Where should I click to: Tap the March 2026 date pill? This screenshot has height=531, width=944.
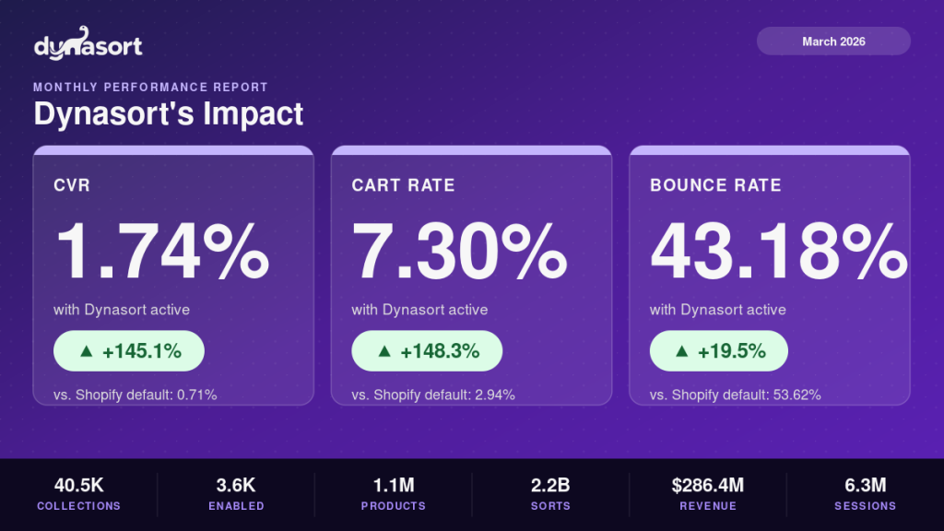tap(833, 41)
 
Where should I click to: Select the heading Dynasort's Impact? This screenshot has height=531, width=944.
tap(169, 114)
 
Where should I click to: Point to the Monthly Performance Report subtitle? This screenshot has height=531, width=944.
tap(150, 88)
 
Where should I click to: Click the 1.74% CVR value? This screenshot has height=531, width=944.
tap(162, 252)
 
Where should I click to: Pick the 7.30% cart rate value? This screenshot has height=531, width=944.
tap(459, 252)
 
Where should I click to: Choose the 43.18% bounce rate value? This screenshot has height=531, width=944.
tap(778, 252)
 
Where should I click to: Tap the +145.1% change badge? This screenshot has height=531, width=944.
tap(128, 351)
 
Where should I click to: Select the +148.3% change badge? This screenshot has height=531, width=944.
tap(427, 351)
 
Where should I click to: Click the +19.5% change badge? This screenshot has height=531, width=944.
tap(719, 351)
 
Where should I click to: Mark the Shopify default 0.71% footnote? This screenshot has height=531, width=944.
tap(135, 395)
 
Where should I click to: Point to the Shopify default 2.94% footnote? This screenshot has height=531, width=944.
tap(433, 395)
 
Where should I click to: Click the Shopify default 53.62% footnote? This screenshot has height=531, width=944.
tap(736, 395)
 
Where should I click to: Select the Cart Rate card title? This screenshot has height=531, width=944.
tap(403, 185)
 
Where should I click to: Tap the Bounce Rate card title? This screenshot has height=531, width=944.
tap(715, 185)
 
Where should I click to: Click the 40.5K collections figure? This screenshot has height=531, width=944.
tap(78, 485)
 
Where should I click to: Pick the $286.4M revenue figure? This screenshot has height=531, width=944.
tap(707, 485)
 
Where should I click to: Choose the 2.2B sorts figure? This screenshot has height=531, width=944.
tap(550, 485)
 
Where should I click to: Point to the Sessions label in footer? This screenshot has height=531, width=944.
tap(865, 506)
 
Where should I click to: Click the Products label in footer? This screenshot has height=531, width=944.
tap(393, 506)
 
